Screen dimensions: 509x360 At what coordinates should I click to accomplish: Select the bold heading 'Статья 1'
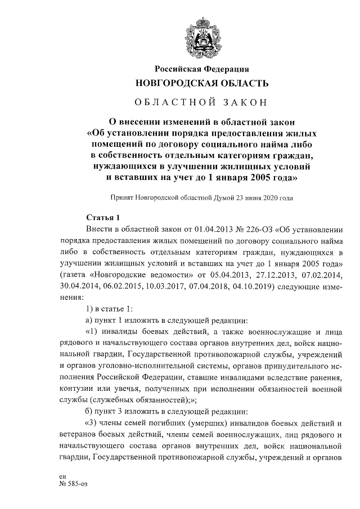coord(103,217)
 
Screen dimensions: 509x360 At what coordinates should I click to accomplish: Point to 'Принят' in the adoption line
coord(124,198)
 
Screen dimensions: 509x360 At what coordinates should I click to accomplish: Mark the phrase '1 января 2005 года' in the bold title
coord(254,178)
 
